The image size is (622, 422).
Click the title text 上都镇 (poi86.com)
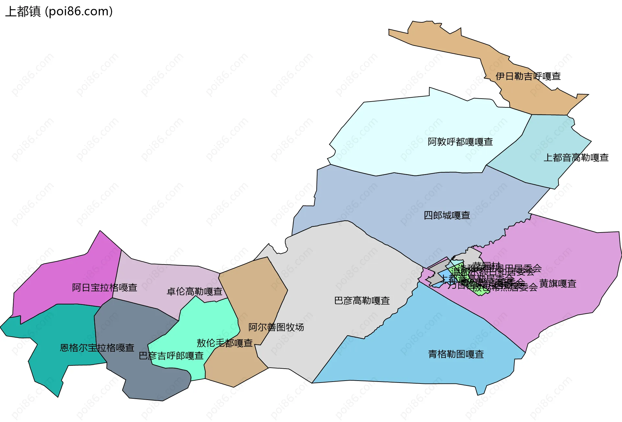click(59, 12)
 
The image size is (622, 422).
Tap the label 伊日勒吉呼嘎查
click(528, 76)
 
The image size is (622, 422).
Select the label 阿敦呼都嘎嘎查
click(460, 142)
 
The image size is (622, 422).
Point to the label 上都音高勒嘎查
click(576, 157)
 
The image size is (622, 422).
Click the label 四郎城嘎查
click(447, 215)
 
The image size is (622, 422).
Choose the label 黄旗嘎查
click(558, 284)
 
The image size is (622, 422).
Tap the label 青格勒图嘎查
click(456, 354)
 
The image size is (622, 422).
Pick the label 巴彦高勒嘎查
click(362, 301)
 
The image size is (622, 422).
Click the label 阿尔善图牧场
click(276, 327)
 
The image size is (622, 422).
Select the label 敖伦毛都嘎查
click(225, 343)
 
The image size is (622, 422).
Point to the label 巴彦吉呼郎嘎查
click(171, 356)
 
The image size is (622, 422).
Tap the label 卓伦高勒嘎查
click(194, 292)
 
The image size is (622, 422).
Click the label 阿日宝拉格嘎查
click(104, 287)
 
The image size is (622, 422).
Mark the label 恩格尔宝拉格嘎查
click(97, 348)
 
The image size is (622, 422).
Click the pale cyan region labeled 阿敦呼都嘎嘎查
click(405, 129)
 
